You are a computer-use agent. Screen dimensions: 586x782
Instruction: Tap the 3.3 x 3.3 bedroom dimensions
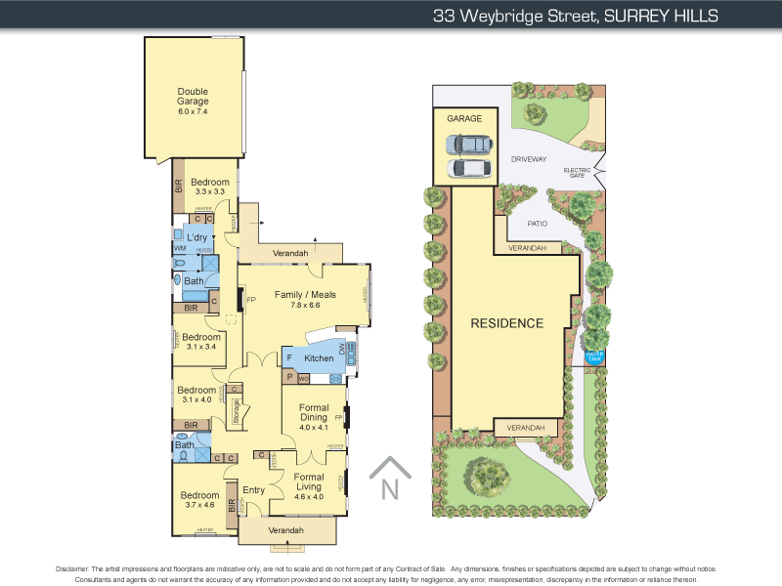[x=210, y=191]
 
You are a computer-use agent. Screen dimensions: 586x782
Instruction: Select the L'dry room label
[x=197, y=238]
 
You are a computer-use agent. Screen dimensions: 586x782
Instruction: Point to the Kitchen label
[x=319, y=358]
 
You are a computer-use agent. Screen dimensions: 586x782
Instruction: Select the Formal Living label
[x=308, y=481]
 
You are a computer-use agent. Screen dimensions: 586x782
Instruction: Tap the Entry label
[x=254, y=490]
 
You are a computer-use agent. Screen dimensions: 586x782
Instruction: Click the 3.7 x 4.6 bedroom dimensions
[x=198, y=505]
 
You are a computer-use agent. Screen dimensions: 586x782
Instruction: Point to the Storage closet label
[x=237, y=411]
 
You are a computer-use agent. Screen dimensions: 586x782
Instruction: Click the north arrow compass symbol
[x=389, y=480]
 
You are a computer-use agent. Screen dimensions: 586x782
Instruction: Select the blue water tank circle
[x=593, y=356]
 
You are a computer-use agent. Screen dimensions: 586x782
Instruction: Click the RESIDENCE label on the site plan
[x=506, y=323]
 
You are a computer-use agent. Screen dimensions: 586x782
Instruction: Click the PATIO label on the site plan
[x=537, y=223]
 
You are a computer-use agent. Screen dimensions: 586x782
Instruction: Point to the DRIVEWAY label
[x=528, y=158]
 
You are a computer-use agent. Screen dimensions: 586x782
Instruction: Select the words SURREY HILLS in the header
[x=661, y=16]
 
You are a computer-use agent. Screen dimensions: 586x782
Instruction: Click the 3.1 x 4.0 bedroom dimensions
[x=196, y=399]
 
